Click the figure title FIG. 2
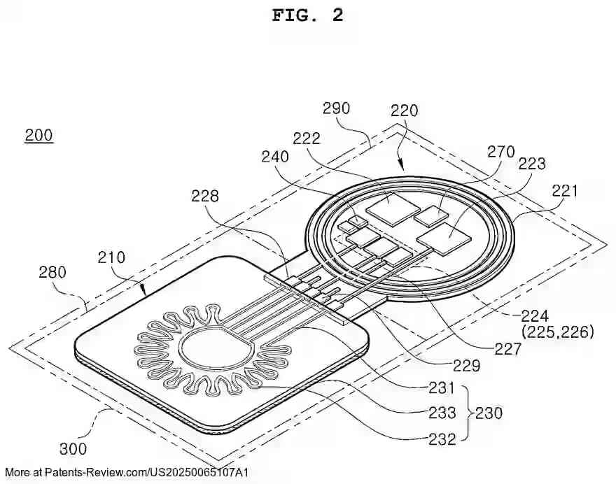point(307,15)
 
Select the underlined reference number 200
point(38,135)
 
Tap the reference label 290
point(336,108)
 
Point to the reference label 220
point(404,110)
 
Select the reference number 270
point(500,152)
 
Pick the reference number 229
point(465,366)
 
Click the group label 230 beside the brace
point(489,413)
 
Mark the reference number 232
point(442,439)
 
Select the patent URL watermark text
point(126,472)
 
